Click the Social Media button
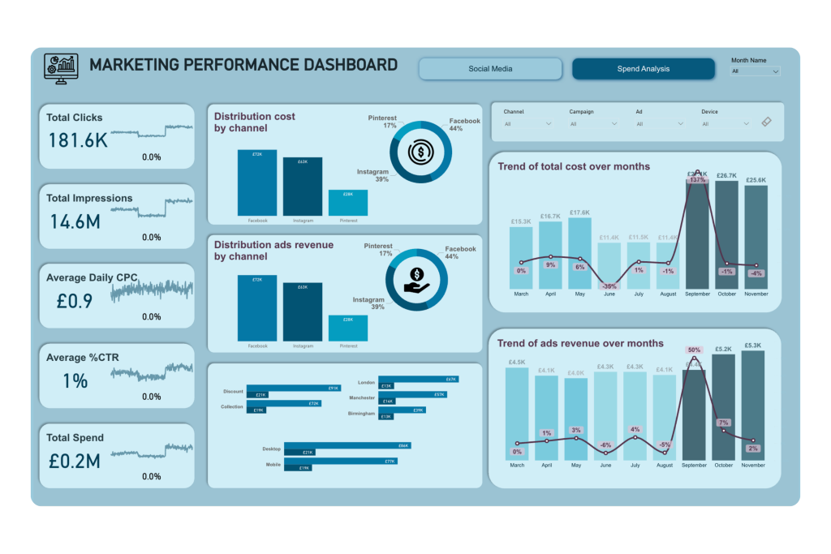490,69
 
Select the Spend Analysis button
643,69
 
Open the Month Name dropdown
756,71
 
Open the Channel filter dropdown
527,124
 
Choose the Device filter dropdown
726,124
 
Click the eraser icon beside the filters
767,122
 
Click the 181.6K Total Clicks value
78,141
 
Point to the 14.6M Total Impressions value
75,221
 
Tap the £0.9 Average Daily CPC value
75,302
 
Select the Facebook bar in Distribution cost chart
257,183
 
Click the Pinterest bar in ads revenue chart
348,328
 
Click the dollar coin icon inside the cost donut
420,152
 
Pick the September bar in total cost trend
697,235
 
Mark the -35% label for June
609,286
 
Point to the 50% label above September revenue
694,350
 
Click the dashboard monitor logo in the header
61,68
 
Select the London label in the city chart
366,382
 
